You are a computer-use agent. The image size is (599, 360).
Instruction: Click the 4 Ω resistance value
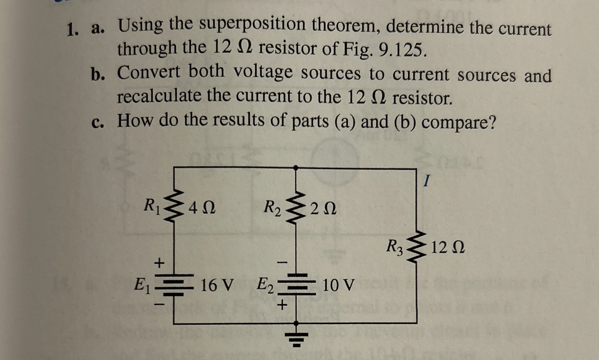point(202,208)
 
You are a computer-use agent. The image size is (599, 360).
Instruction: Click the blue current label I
point(426,180)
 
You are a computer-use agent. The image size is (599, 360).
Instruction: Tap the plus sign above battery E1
point(159,263)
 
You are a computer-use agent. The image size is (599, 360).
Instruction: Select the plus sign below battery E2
point(282,305)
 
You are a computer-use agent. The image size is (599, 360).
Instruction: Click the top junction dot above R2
point(296,167)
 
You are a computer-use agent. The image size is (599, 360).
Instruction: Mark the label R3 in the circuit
point(395,247)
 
